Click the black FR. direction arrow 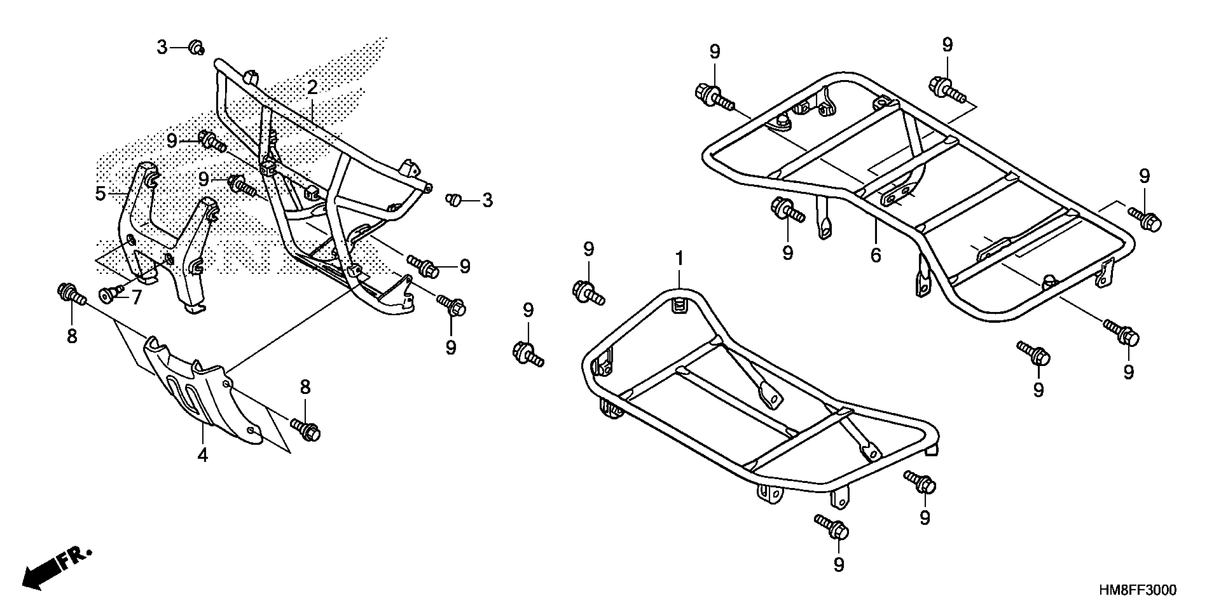point(56,570)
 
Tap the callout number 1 point(679,259)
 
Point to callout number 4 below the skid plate point(203,455)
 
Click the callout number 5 point(100,193)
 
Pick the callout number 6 point(876,255)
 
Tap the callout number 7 point(136,297)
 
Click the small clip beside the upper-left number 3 point(196,47)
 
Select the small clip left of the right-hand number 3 point(454,200)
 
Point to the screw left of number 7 point(108,294)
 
